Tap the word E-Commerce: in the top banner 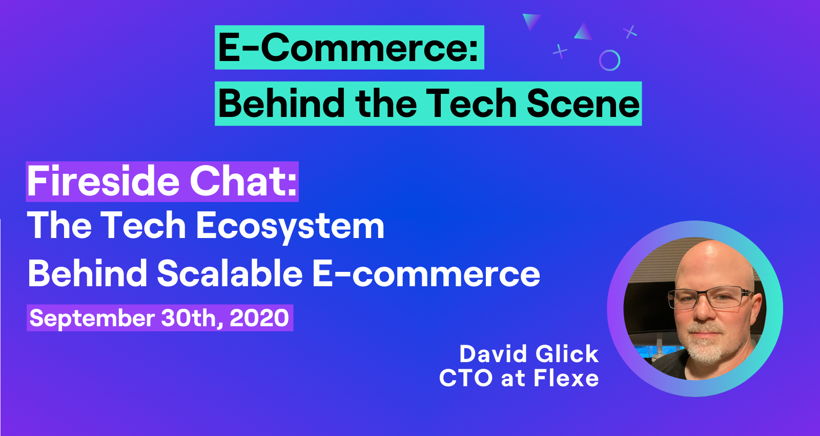(348, 48)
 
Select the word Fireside (103, 182)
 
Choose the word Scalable (230, 273)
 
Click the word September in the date (92, 319)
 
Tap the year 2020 (259, 318)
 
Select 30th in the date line (192, 318)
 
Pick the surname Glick (567, 354)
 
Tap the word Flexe (566, 378)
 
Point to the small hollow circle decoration (609, 50)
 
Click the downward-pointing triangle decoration (530, 21)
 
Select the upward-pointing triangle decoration (584, 32)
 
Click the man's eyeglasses (710, 297)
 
